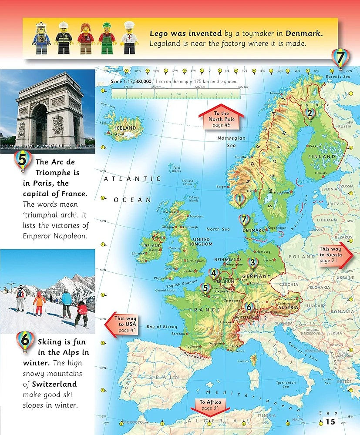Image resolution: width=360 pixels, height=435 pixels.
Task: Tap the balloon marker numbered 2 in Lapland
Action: click(310, 114)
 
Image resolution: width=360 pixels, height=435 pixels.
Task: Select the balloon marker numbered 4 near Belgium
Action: click(213, 274)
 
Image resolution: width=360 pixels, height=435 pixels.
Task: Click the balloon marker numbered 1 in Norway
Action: click(239, 200)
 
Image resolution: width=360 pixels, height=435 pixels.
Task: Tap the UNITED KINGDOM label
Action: click(201, 242)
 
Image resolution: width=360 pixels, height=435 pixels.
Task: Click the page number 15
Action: click(330, 421)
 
